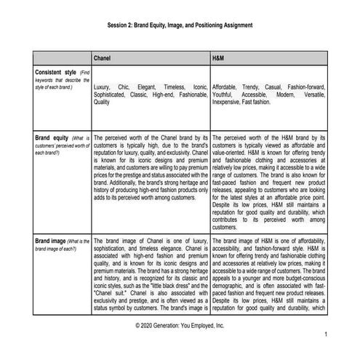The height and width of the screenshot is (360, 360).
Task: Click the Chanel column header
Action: (x=105, y=57)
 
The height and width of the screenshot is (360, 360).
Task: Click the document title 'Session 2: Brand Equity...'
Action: (x=179, y=25)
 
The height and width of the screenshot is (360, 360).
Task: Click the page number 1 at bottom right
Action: (x=327, y=333)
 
